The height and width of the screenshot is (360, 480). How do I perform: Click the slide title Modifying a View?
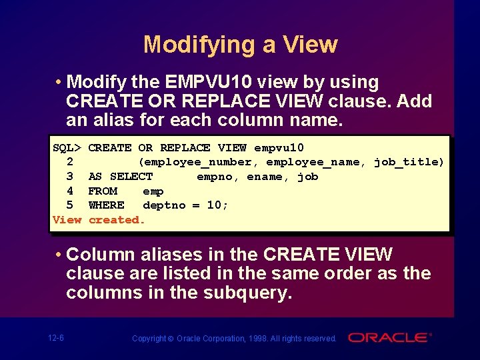click(x=240, y=45)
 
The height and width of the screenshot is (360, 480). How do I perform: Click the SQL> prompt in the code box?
click(x=67, y=148)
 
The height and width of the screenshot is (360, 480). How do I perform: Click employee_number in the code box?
click(x=197, y=162)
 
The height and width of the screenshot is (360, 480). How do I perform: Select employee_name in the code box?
click(x=316, y=162)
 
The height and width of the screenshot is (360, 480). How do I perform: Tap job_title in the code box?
click(x=409, y=162)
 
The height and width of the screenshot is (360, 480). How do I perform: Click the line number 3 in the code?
click(x=70, y=177)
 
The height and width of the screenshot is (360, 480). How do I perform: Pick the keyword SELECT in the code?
click(x=131, y=177)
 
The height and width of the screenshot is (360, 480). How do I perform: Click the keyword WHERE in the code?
click(x=106, y=205)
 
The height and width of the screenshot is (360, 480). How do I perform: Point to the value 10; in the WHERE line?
click(x=217, y=205)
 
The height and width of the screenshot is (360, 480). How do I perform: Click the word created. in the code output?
click(x=117, y=220)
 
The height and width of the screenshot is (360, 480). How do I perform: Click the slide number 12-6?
click(x=56, y=338)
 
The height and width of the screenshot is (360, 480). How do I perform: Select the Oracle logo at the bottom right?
click(x=390, y=337)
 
